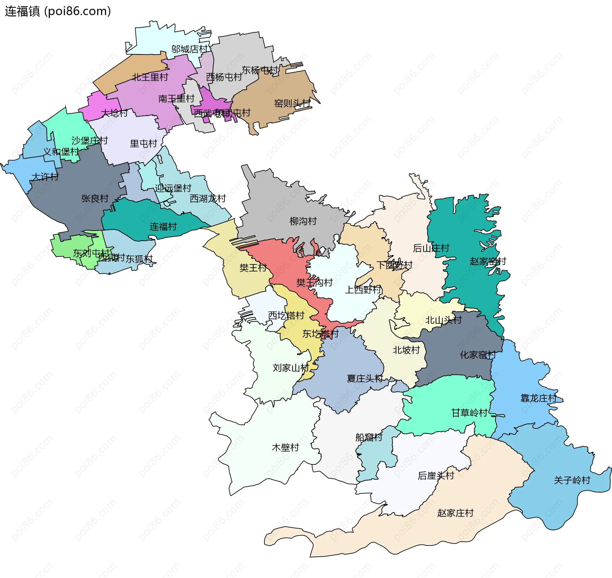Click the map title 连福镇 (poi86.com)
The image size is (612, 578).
click(58, 11)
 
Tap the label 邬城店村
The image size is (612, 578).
click(189, 49)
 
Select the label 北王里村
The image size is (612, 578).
click(150, 77)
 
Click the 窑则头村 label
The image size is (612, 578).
click(292, 103)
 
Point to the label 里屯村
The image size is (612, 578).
click(143, 144)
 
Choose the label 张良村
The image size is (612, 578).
click(95, 198)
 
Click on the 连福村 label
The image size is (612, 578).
click(163, 227)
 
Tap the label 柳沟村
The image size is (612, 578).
click(303, 221)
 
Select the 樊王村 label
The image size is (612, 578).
click(253, 268)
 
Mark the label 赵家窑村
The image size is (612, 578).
click(488, 261)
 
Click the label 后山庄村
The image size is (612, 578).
click(431, 248)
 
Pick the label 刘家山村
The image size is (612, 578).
click(291, 368)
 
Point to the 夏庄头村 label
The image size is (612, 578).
click(365, 378)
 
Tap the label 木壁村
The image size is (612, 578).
click(285, 448)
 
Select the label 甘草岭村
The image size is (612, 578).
click(469, 413)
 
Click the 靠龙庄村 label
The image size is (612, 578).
click(538, 398)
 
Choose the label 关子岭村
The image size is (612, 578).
click(572, 480)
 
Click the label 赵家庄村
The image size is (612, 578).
click(455, 513)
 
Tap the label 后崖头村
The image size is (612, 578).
click(436, 476)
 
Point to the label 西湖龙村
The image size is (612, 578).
click(208, 198)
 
